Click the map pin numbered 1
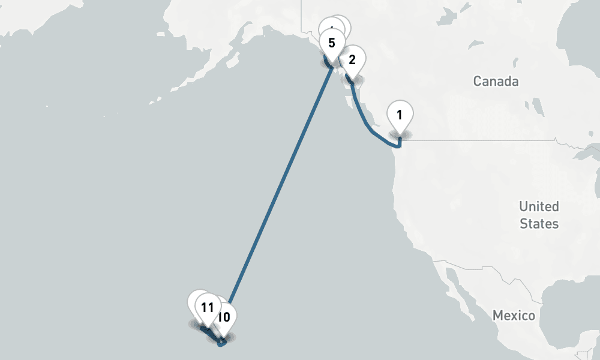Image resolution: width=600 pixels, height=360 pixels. tap(401, 113)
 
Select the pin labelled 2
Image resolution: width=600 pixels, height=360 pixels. tap(352, 59)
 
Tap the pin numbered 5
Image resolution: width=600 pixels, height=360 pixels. tap(332, 43)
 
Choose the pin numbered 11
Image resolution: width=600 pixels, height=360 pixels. tap(208, 308)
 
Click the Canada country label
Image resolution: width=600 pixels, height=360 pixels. tap(496, 82)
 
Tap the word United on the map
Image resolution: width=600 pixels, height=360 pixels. tap(539, 206)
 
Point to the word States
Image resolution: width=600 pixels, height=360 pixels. tap(539, 224)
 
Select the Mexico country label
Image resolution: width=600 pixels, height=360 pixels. tap(513, 315)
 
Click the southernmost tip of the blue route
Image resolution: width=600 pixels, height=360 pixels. tap(221, 345)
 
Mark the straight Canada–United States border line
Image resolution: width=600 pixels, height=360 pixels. tap(480, 140)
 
